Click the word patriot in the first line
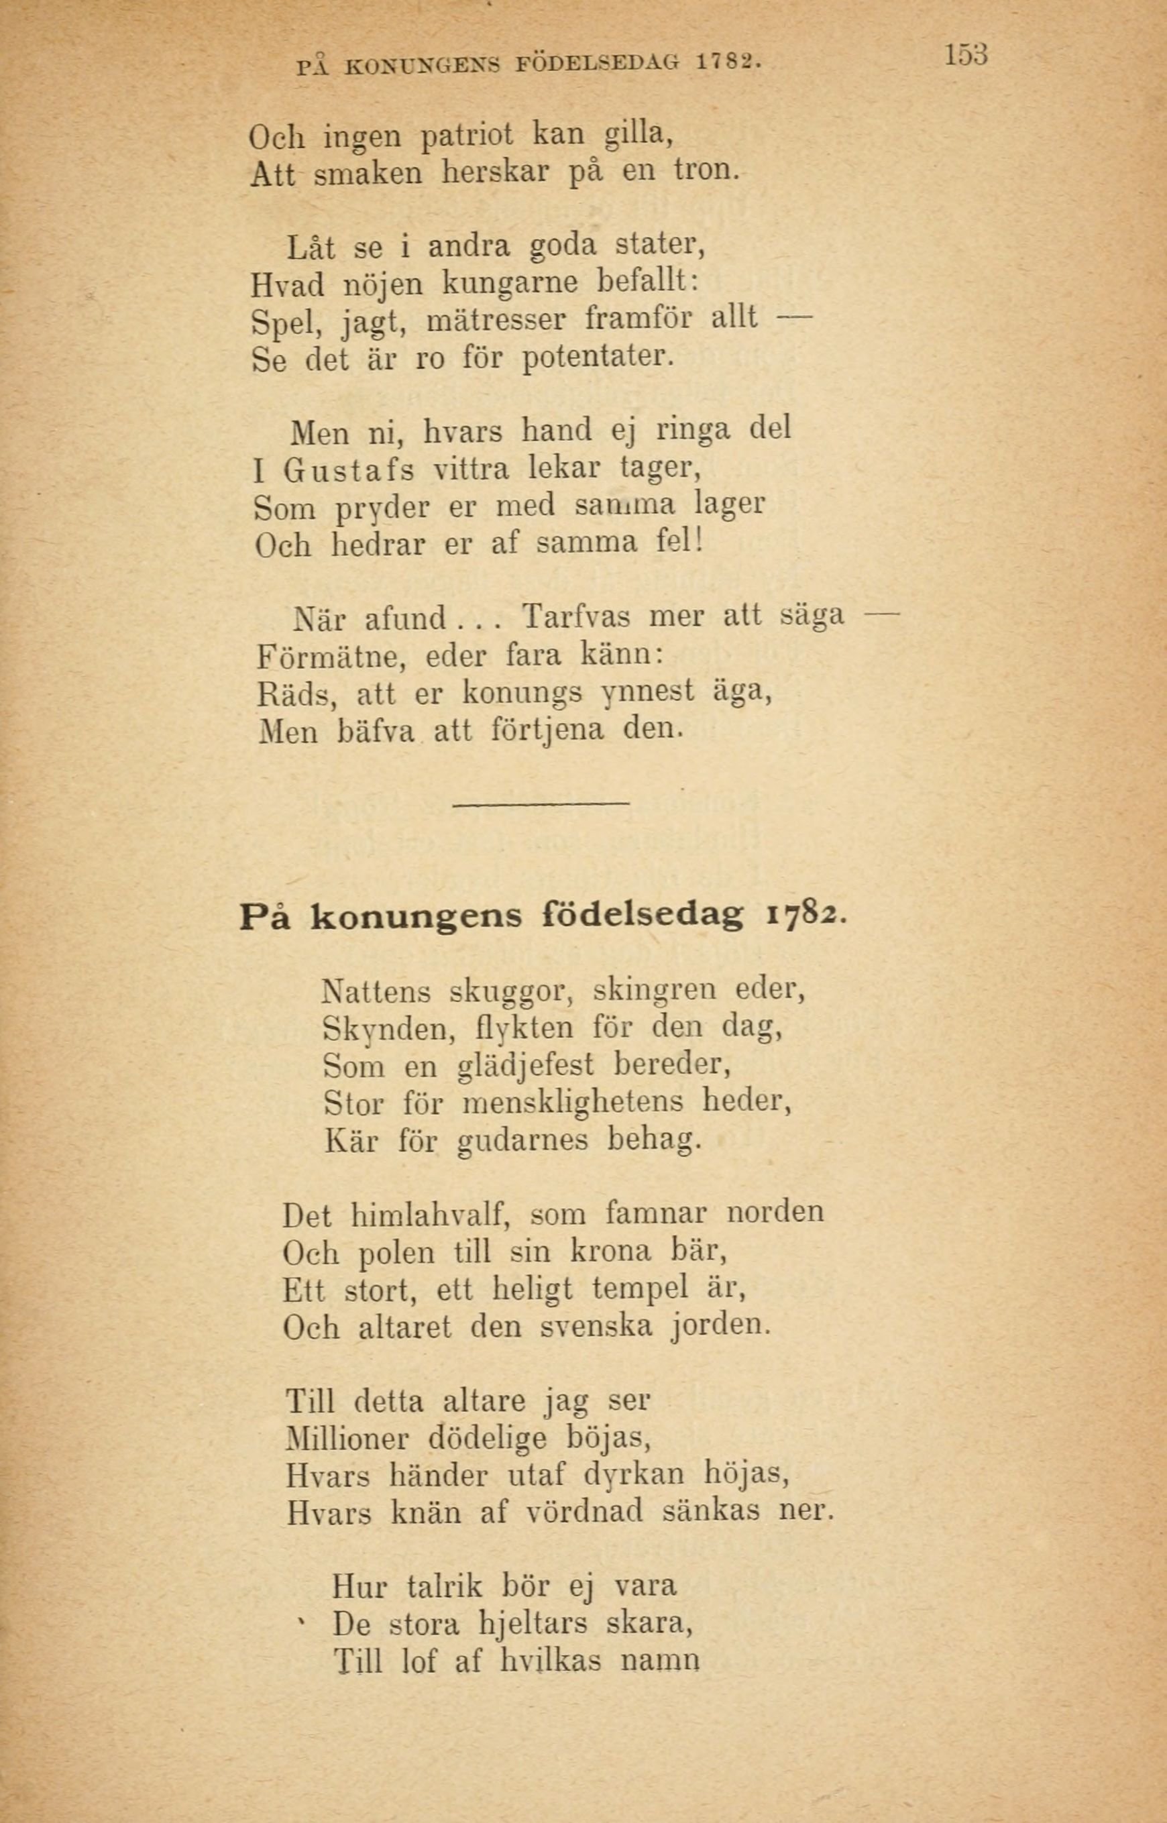(x=467, y=135)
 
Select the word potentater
(x=598, y=357)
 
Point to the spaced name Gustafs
(x=349, y=471)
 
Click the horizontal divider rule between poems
(x=541, y=803)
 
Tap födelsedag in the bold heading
(x=642, y=917)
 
